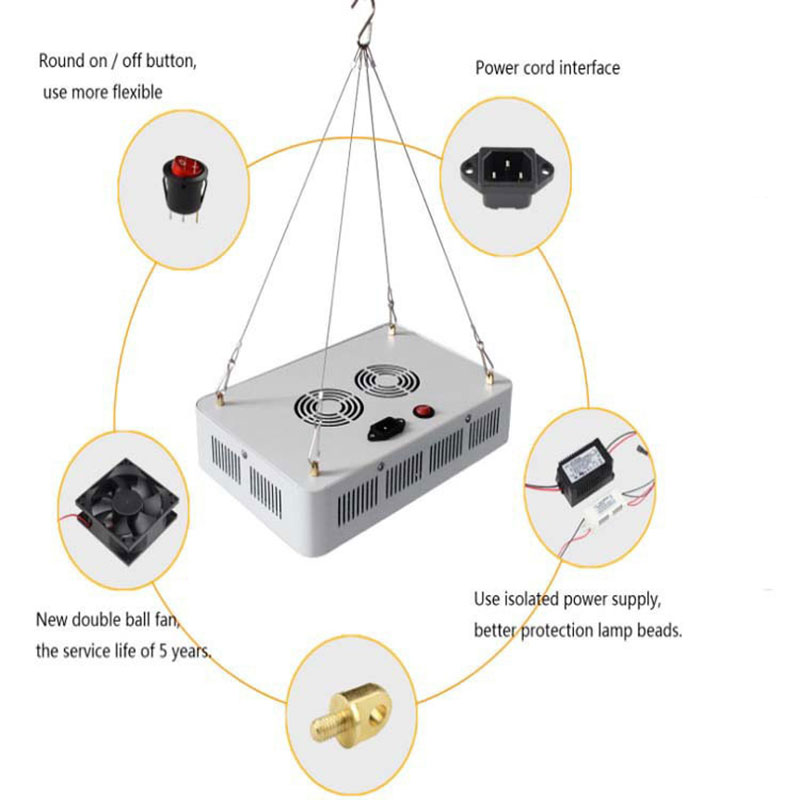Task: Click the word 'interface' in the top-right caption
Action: pyautogui.click(x=589, y=68)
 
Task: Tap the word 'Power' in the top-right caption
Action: pyautogui.click(x=497, y=68)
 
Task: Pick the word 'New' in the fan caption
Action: pyautogui.click(x=53, y=619)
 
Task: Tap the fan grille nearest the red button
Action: pyautogui.click(x=383, y=384)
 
